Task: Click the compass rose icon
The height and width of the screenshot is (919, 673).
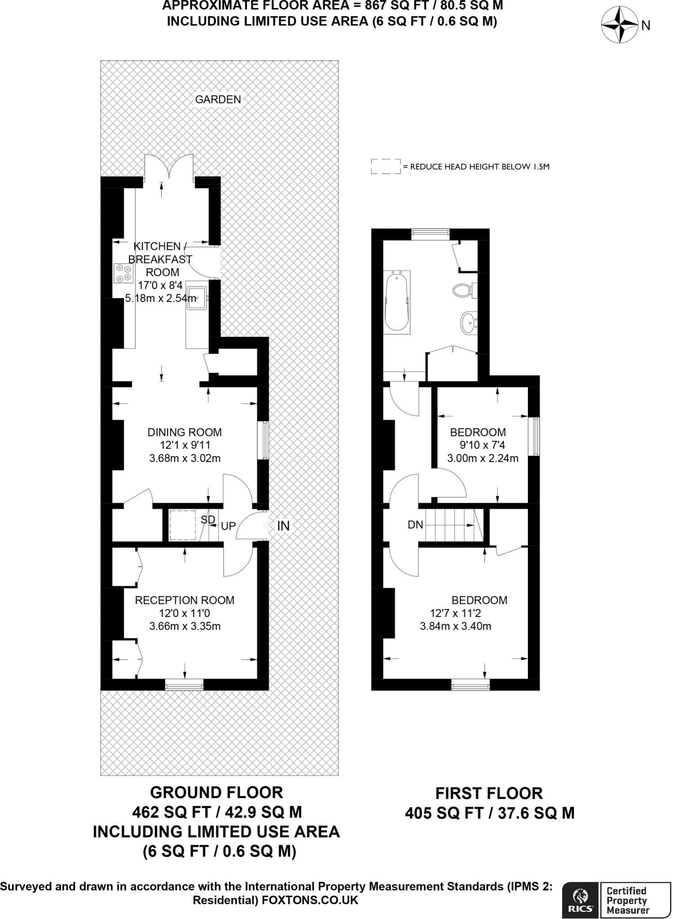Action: point(619,25)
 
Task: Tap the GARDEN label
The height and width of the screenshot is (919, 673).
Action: point(218,100)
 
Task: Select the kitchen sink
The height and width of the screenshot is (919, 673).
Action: point(197,297)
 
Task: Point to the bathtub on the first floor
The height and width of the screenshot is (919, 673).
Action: point(396,301)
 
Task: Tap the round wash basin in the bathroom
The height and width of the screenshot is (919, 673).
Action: point(469,323)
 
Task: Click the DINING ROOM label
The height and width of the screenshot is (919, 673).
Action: point(185,432)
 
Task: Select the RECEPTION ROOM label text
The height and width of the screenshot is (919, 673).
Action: point(185,600)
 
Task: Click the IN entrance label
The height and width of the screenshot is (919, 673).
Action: point(283,526)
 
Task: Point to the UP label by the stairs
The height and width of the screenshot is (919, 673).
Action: point(228,526)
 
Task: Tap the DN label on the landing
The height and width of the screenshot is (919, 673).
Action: point(415,525)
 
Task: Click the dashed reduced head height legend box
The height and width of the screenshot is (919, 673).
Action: point(385,166)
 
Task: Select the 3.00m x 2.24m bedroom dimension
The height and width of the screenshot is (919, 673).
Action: point(483,458)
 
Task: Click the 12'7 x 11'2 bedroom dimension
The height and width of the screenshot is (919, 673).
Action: point(455,613)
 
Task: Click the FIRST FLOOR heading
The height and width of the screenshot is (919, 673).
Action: point(489,793)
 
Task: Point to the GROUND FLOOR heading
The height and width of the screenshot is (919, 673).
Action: point(216,792)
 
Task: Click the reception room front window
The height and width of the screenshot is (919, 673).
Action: point(184,684)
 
